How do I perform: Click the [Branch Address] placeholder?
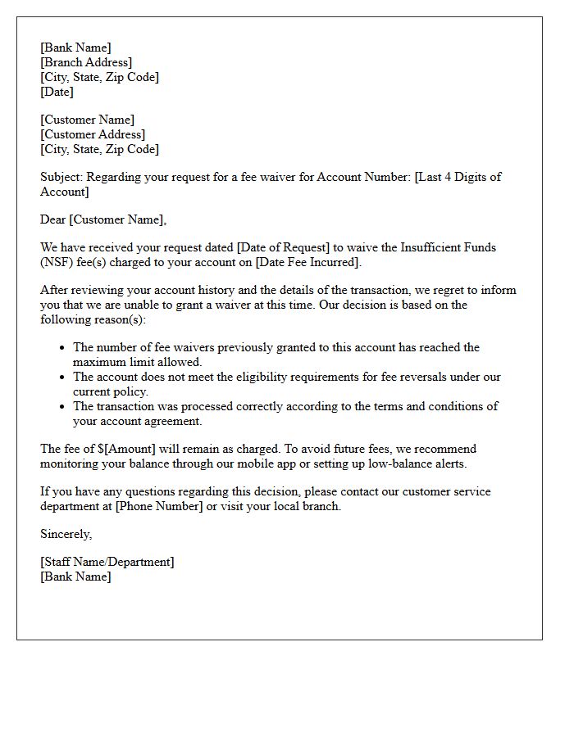click(86, 62)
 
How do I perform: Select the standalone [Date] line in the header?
click(57, 92)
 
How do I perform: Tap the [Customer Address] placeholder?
click(93, 134)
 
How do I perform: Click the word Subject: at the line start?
click(61, 177)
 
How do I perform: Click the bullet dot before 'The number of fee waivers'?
click(61, 348)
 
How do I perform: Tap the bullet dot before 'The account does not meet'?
click(61, 378)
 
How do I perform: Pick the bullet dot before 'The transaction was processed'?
click(61, 407)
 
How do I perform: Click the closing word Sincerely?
click(66, 534)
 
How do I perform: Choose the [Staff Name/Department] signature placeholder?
click(107, 562)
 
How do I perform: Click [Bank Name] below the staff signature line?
click(76, 576)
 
